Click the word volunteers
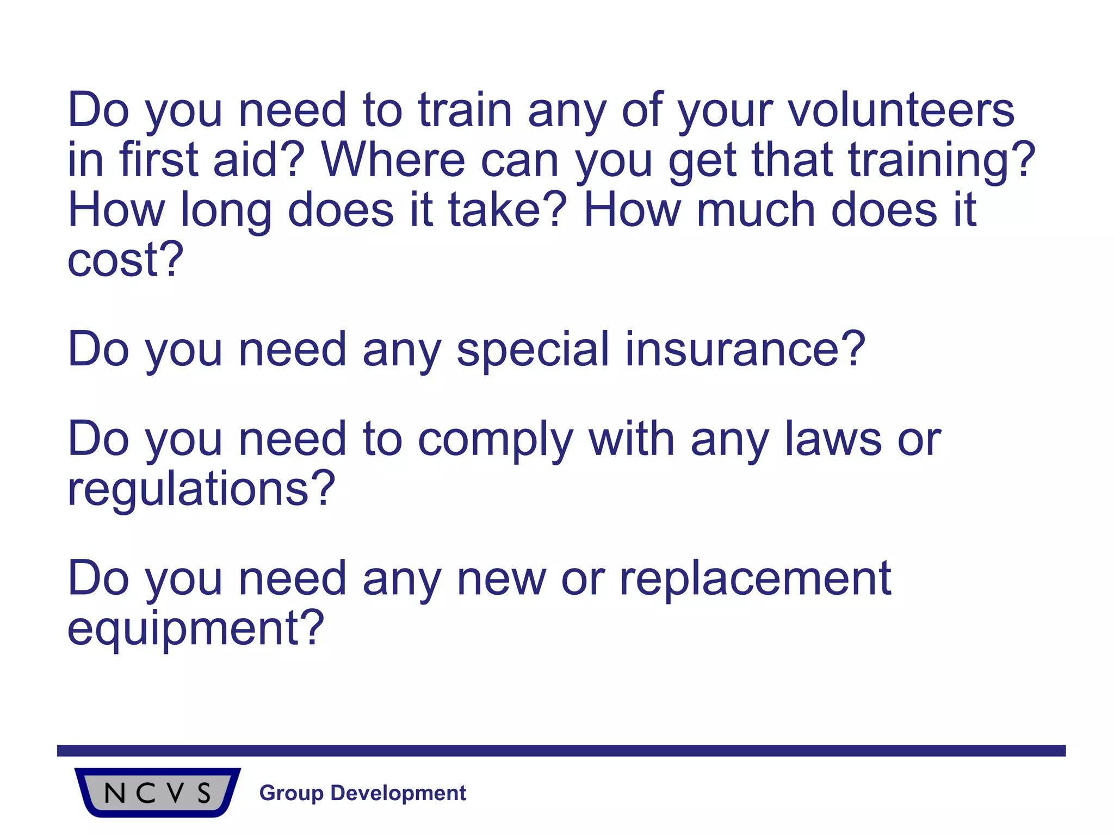[x=901, y=110]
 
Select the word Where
[x=393, y=160]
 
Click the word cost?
[x=126, y=260]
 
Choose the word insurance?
[x=745, y=350]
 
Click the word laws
[x=833, y=439]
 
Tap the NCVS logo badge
[x=158, y=792]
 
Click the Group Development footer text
[x=363, y=793]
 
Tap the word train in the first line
[x=465, y=110]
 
